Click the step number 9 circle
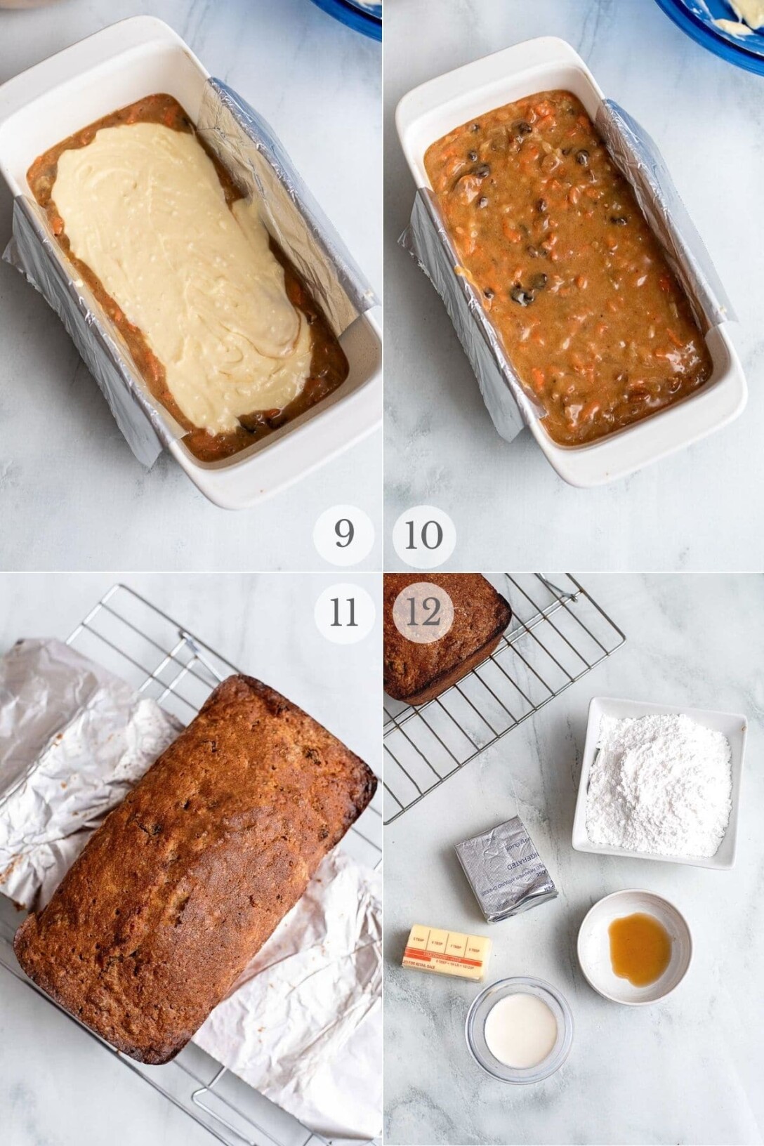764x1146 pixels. click(344, 536)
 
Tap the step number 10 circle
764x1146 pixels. click(423, 536)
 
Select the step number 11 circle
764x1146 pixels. click(344, 613)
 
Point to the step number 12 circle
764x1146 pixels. click(423, 613)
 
